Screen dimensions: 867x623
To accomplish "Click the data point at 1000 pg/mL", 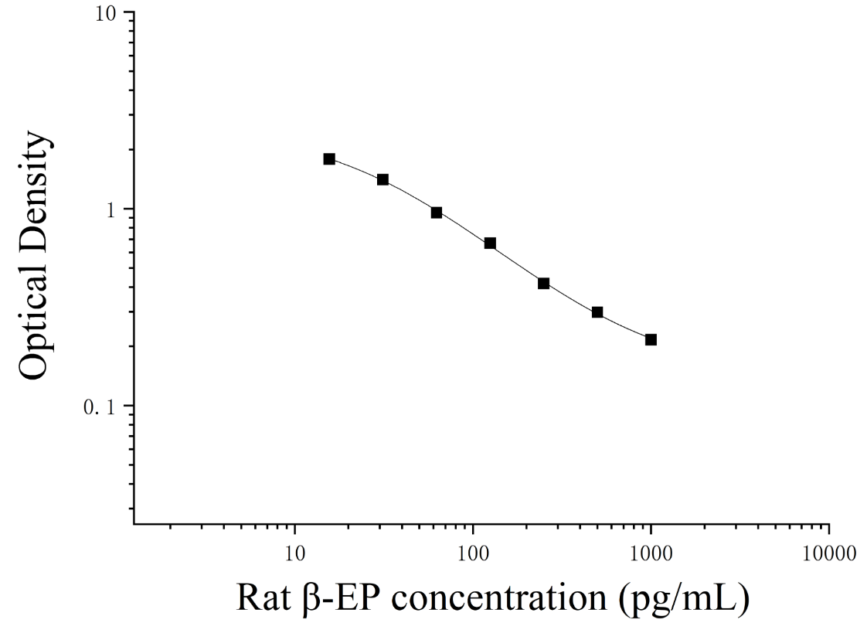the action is click(x=651, y=340).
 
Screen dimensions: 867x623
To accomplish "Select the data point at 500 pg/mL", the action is click(x=597, y=312).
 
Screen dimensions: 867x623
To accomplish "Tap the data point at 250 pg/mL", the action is click(x=543, y=284).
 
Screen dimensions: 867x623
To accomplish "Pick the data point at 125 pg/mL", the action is click(x=490, y=243).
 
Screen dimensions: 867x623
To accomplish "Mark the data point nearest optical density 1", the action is click(x=437, y=213).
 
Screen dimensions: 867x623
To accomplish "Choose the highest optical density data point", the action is click(x=329, y=159).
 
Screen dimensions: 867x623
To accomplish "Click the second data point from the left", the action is click(x=382, y=180).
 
